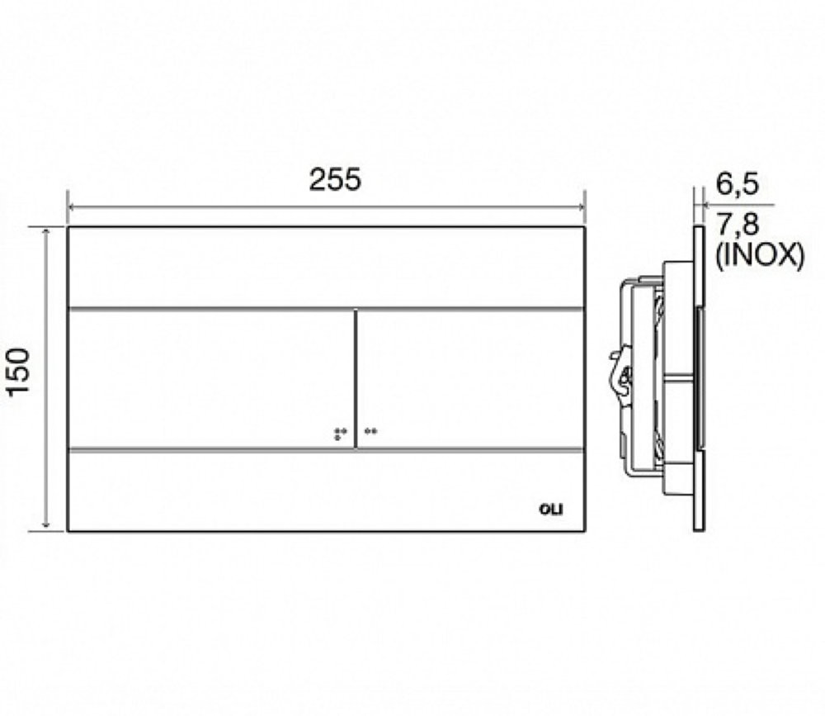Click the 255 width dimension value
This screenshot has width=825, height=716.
(x=335, y=179)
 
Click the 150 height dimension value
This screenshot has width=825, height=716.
(x=20, y=372)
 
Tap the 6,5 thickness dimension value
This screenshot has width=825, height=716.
(x=737, y=185)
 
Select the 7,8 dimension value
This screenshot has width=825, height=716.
(x=738, y=225)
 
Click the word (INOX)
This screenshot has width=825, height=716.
(x=759, y=257)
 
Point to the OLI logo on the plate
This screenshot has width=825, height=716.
(x=551, y=510)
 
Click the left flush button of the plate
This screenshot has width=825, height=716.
(x=211, y=379)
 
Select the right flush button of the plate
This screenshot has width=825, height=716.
(x=470, y=379)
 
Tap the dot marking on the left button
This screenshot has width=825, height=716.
(x=341, y=434)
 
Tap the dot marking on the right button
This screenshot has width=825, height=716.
(x=371, y=431)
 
